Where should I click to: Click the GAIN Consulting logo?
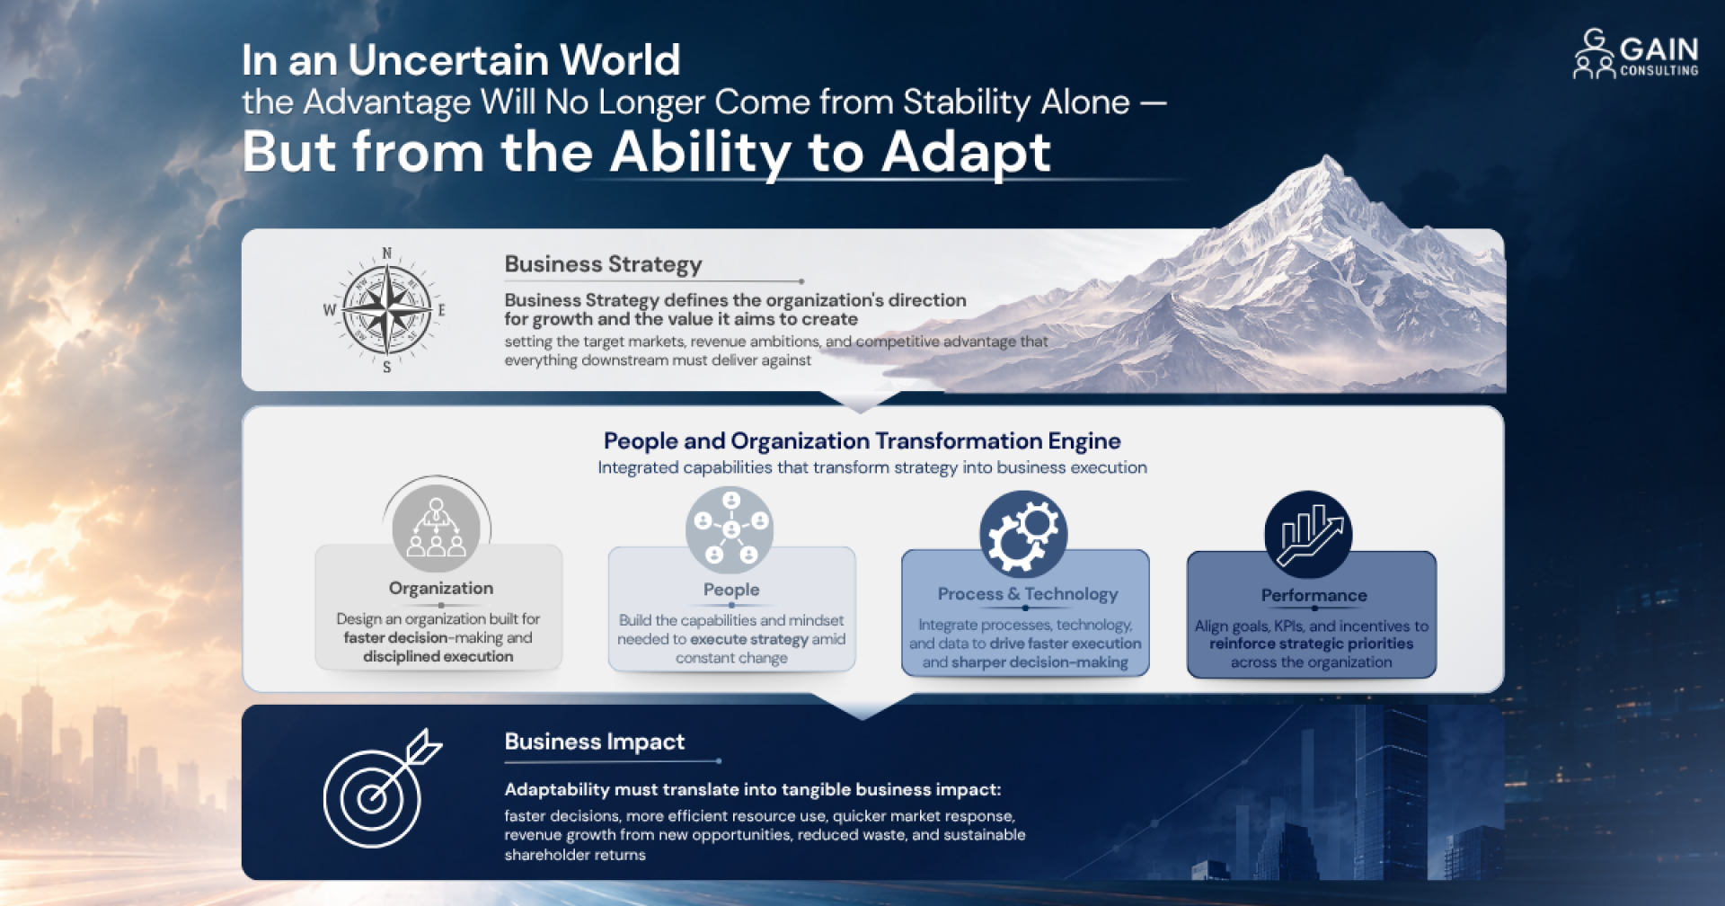[x=1635, y=54]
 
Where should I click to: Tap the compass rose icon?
[x=387, y=310]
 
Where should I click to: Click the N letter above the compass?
[x=387, y=253]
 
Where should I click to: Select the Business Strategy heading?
[x=603, y=264]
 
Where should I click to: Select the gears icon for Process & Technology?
[x=1023, y=534]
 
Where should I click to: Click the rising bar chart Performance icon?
[x=1308, y=535]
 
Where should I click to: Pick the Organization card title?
[x=441, y=588]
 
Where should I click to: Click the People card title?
[x=731, y=590]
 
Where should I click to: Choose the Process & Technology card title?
[x=1028, y=594]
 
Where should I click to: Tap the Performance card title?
[x=1314, y=595]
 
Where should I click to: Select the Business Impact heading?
[x=594, y=742]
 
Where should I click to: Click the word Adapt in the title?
[x=966, y=152]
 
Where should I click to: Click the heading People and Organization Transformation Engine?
[x=862, y=440]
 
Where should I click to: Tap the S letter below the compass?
[x=387, y=367]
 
